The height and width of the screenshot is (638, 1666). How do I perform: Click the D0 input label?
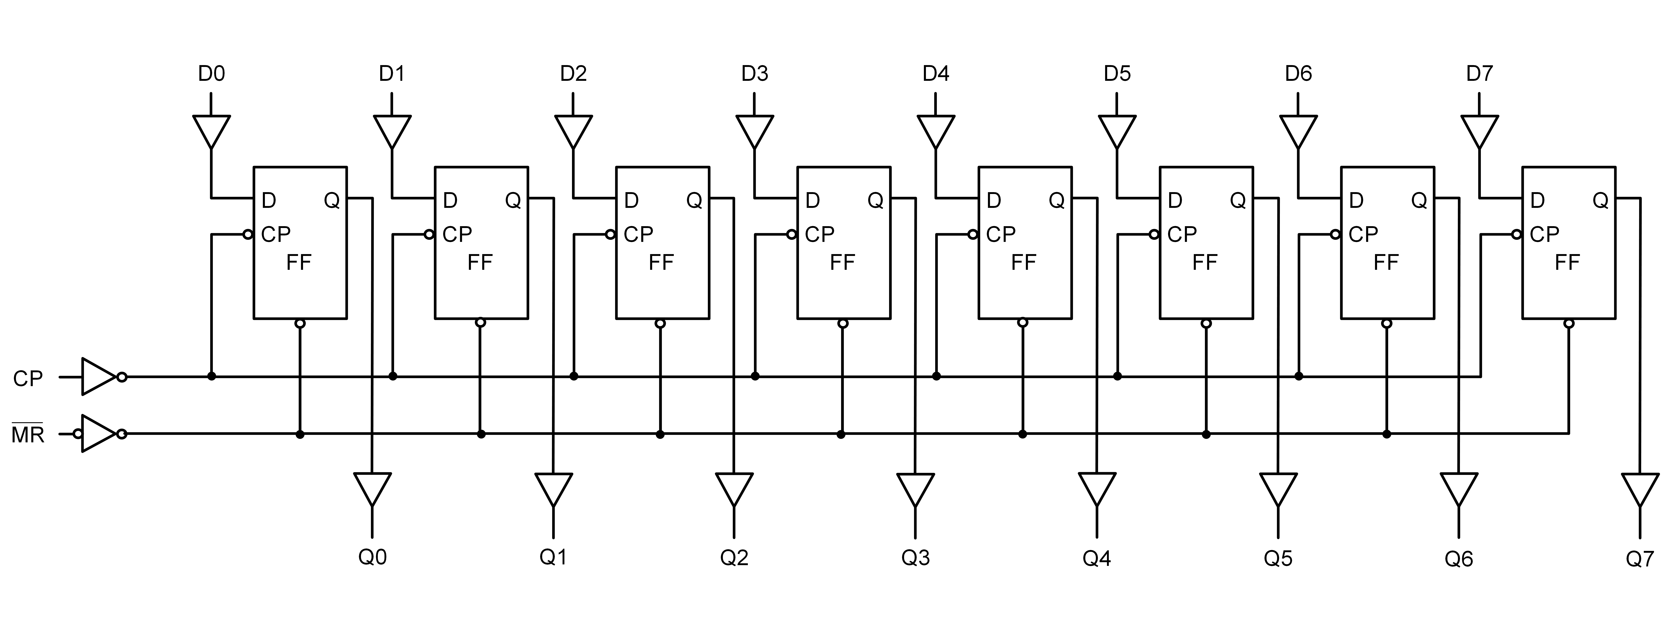tap(211, 74)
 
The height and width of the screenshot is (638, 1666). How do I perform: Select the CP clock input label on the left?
tap(28, 378)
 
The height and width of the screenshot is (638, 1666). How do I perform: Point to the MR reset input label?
tap(28, 434)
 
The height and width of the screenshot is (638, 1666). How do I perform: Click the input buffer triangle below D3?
tap(755, 131)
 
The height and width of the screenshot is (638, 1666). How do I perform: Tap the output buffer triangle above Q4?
tap(1097, 489)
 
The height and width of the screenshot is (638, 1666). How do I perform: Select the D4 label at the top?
tap(936, 74)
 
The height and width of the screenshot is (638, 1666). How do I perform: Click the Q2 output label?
tap(734, 557)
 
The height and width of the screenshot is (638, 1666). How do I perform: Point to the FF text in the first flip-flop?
tap(299, 262)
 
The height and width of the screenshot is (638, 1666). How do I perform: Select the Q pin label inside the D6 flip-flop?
tap(1419, 201)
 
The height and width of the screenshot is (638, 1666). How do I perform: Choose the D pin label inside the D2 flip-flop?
tap(631, 201)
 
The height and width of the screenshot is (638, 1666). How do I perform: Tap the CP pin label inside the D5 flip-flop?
tap(1182, 234)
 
